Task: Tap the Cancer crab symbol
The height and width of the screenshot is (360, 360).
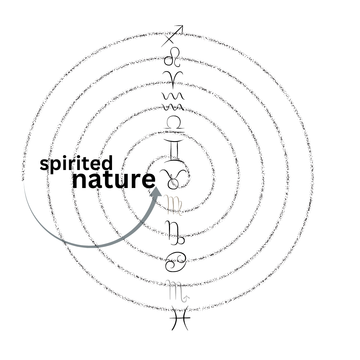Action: [175, 261]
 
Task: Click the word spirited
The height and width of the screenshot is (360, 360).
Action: [76, 164]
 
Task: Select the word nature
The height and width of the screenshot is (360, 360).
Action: [114, 180]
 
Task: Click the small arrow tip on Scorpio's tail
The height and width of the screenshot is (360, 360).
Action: [188, 296]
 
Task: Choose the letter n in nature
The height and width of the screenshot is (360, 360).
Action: [80, 181]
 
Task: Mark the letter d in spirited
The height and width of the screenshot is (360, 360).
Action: [107, 163]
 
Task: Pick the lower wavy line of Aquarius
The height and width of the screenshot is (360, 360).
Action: [173, 107]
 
